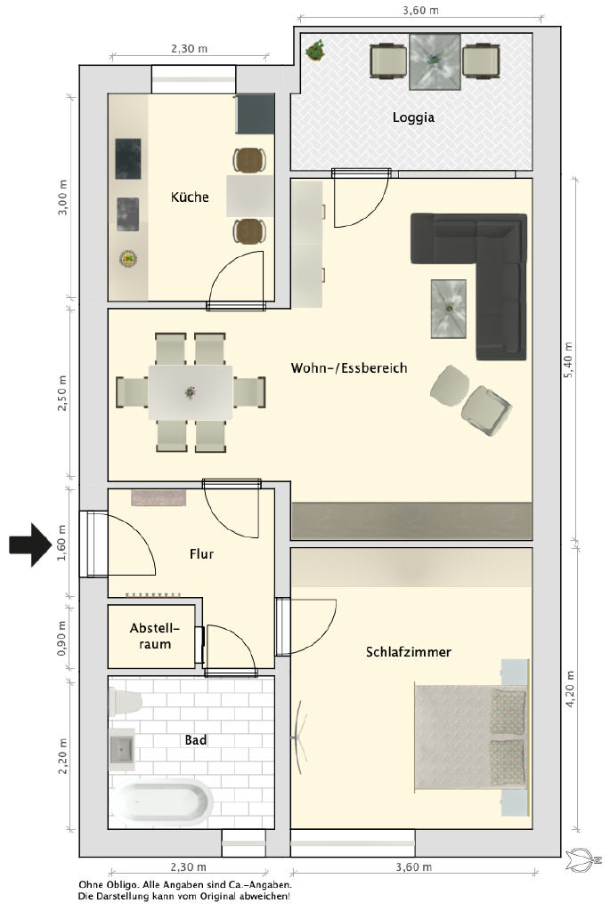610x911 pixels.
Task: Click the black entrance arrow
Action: [30, 544]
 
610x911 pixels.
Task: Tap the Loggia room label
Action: [413, 117]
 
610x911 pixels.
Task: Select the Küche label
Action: [190, 197]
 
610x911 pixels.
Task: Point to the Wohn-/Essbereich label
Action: [349, 367]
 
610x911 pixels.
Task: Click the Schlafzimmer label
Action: [408, 652]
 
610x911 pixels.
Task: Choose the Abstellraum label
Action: [155, 636]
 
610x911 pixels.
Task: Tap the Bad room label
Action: [195, 740]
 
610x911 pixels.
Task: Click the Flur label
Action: [201, 554]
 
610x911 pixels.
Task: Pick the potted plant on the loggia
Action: [315, 51]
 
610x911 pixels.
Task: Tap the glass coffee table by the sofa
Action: [448, 309]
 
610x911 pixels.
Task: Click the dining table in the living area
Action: [191, 392]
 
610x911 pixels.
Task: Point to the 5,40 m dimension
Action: [568, 360]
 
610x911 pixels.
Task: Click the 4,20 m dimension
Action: [570, 689]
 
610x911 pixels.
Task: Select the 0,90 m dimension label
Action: [61, 639]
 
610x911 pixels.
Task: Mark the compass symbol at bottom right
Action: [583, 859]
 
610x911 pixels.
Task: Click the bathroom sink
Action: [122, 749]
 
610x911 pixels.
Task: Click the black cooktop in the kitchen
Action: [128, 158]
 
